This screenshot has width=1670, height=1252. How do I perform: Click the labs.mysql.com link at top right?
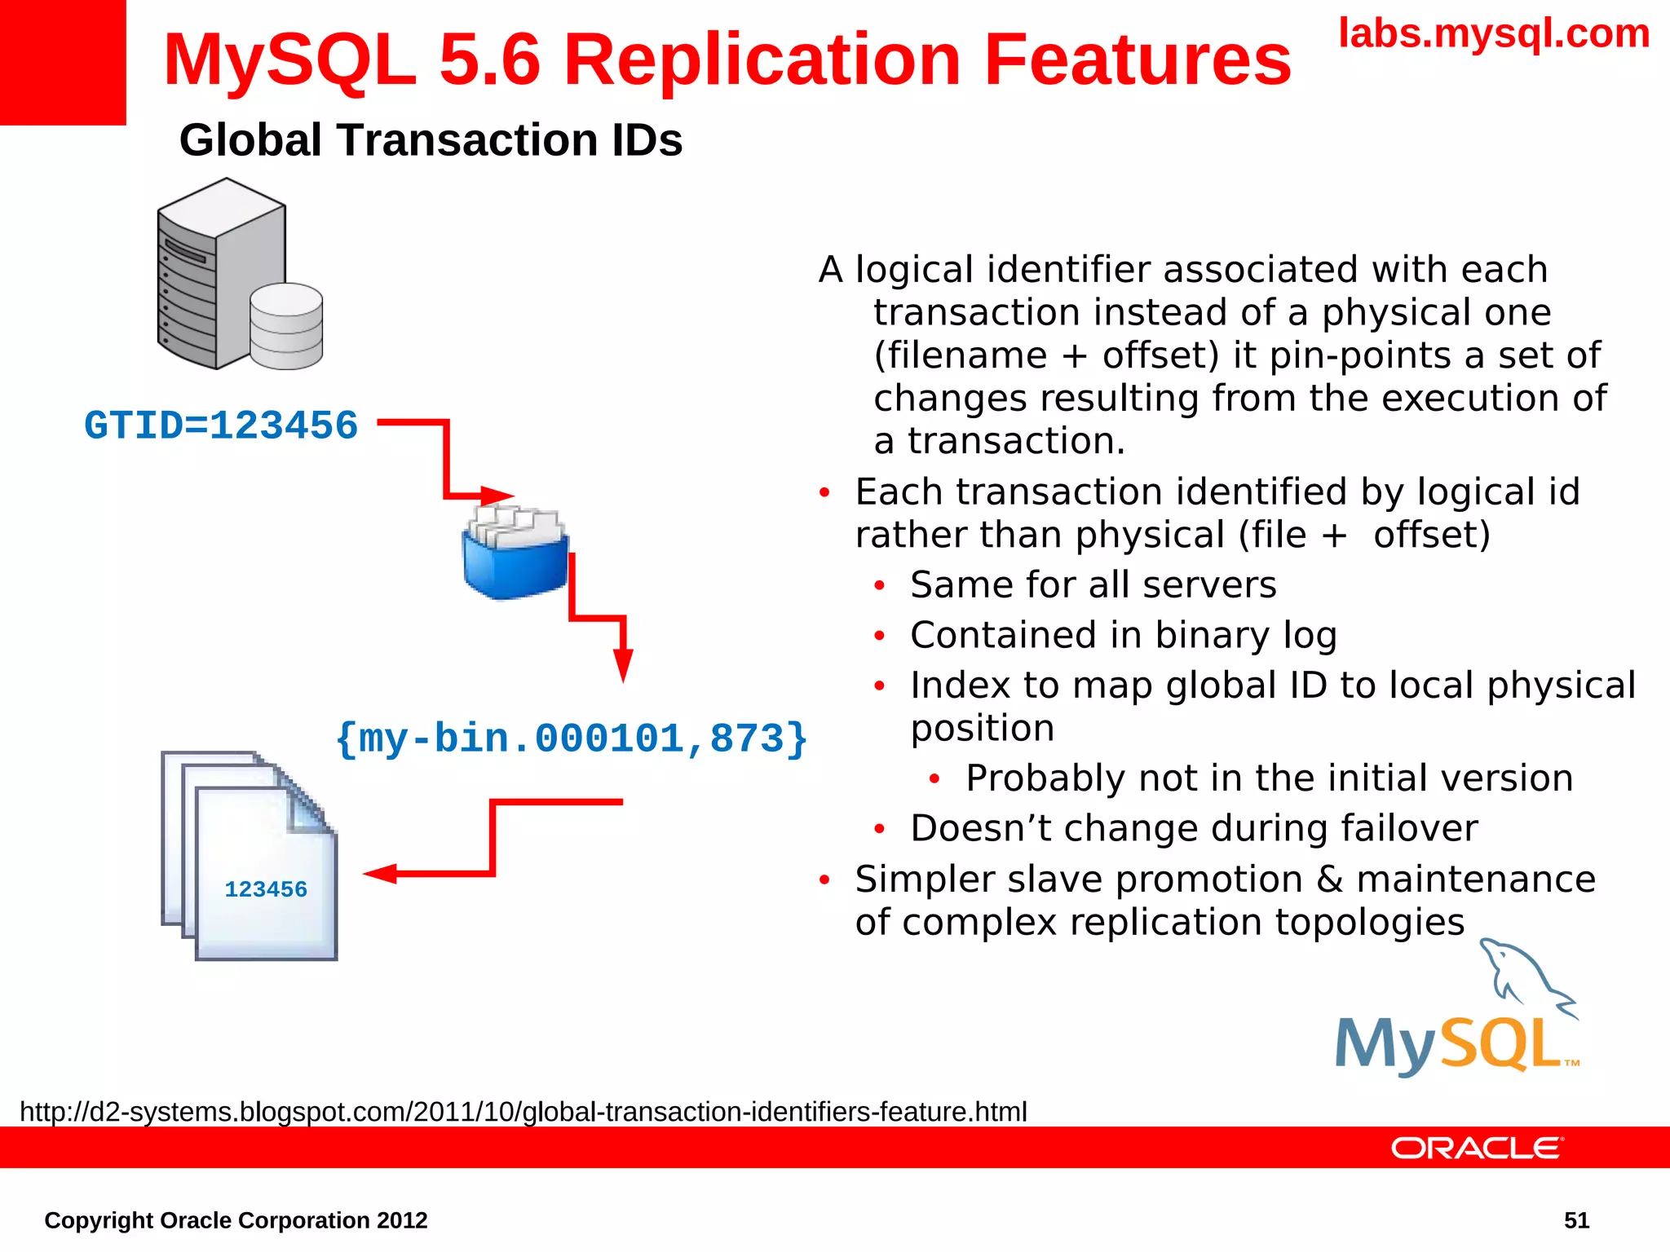(1494, 34)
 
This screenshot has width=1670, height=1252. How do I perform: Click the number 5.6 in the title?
(489, 60)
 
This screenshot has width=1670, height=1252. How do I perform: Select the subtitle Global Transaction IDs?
(431, 140)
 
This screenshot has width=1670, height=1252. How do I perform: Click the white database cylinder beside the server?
(286, 327)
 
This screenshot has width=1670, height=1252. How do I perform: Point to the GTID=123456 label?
(221, 425)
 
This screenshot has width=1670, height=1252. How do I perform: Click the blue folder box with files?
(515, 554)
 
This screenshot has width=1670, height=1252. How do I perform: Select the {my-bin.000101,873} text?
(571, 738)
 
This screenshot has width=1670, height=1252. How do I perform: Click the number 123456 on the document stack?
(266, 889)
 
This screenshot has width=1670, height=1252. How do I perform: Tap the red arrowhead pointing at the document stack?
(380, 875)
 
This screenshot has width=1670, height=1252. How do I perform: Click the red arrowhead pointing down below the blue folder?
(623, 663)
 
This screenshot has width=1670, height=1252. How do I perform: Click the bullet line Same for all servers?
(1093, 585)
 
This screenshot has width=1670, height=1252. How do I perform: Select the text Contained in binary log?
(1124, 636)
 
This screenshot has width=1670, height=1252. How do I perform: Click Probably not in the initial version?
(1269, 778)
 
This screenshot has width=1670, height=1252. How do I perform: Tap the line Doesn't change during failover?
(1194, 829)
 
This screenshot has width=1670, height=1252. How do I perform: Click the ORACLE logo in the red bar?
(1477, 1148)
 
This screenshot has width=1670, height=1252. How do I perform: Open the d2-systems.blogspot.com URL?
(523, 1112)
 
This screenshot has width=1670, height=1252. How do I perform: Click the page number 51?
(1576, 1220)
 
